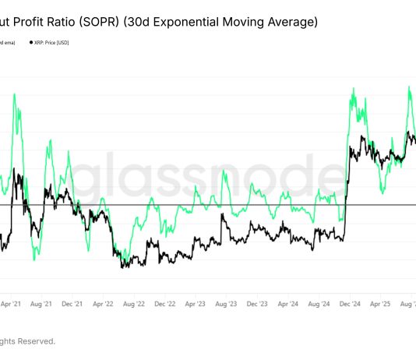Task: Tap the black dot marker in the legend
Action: [x=30, y=44]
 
